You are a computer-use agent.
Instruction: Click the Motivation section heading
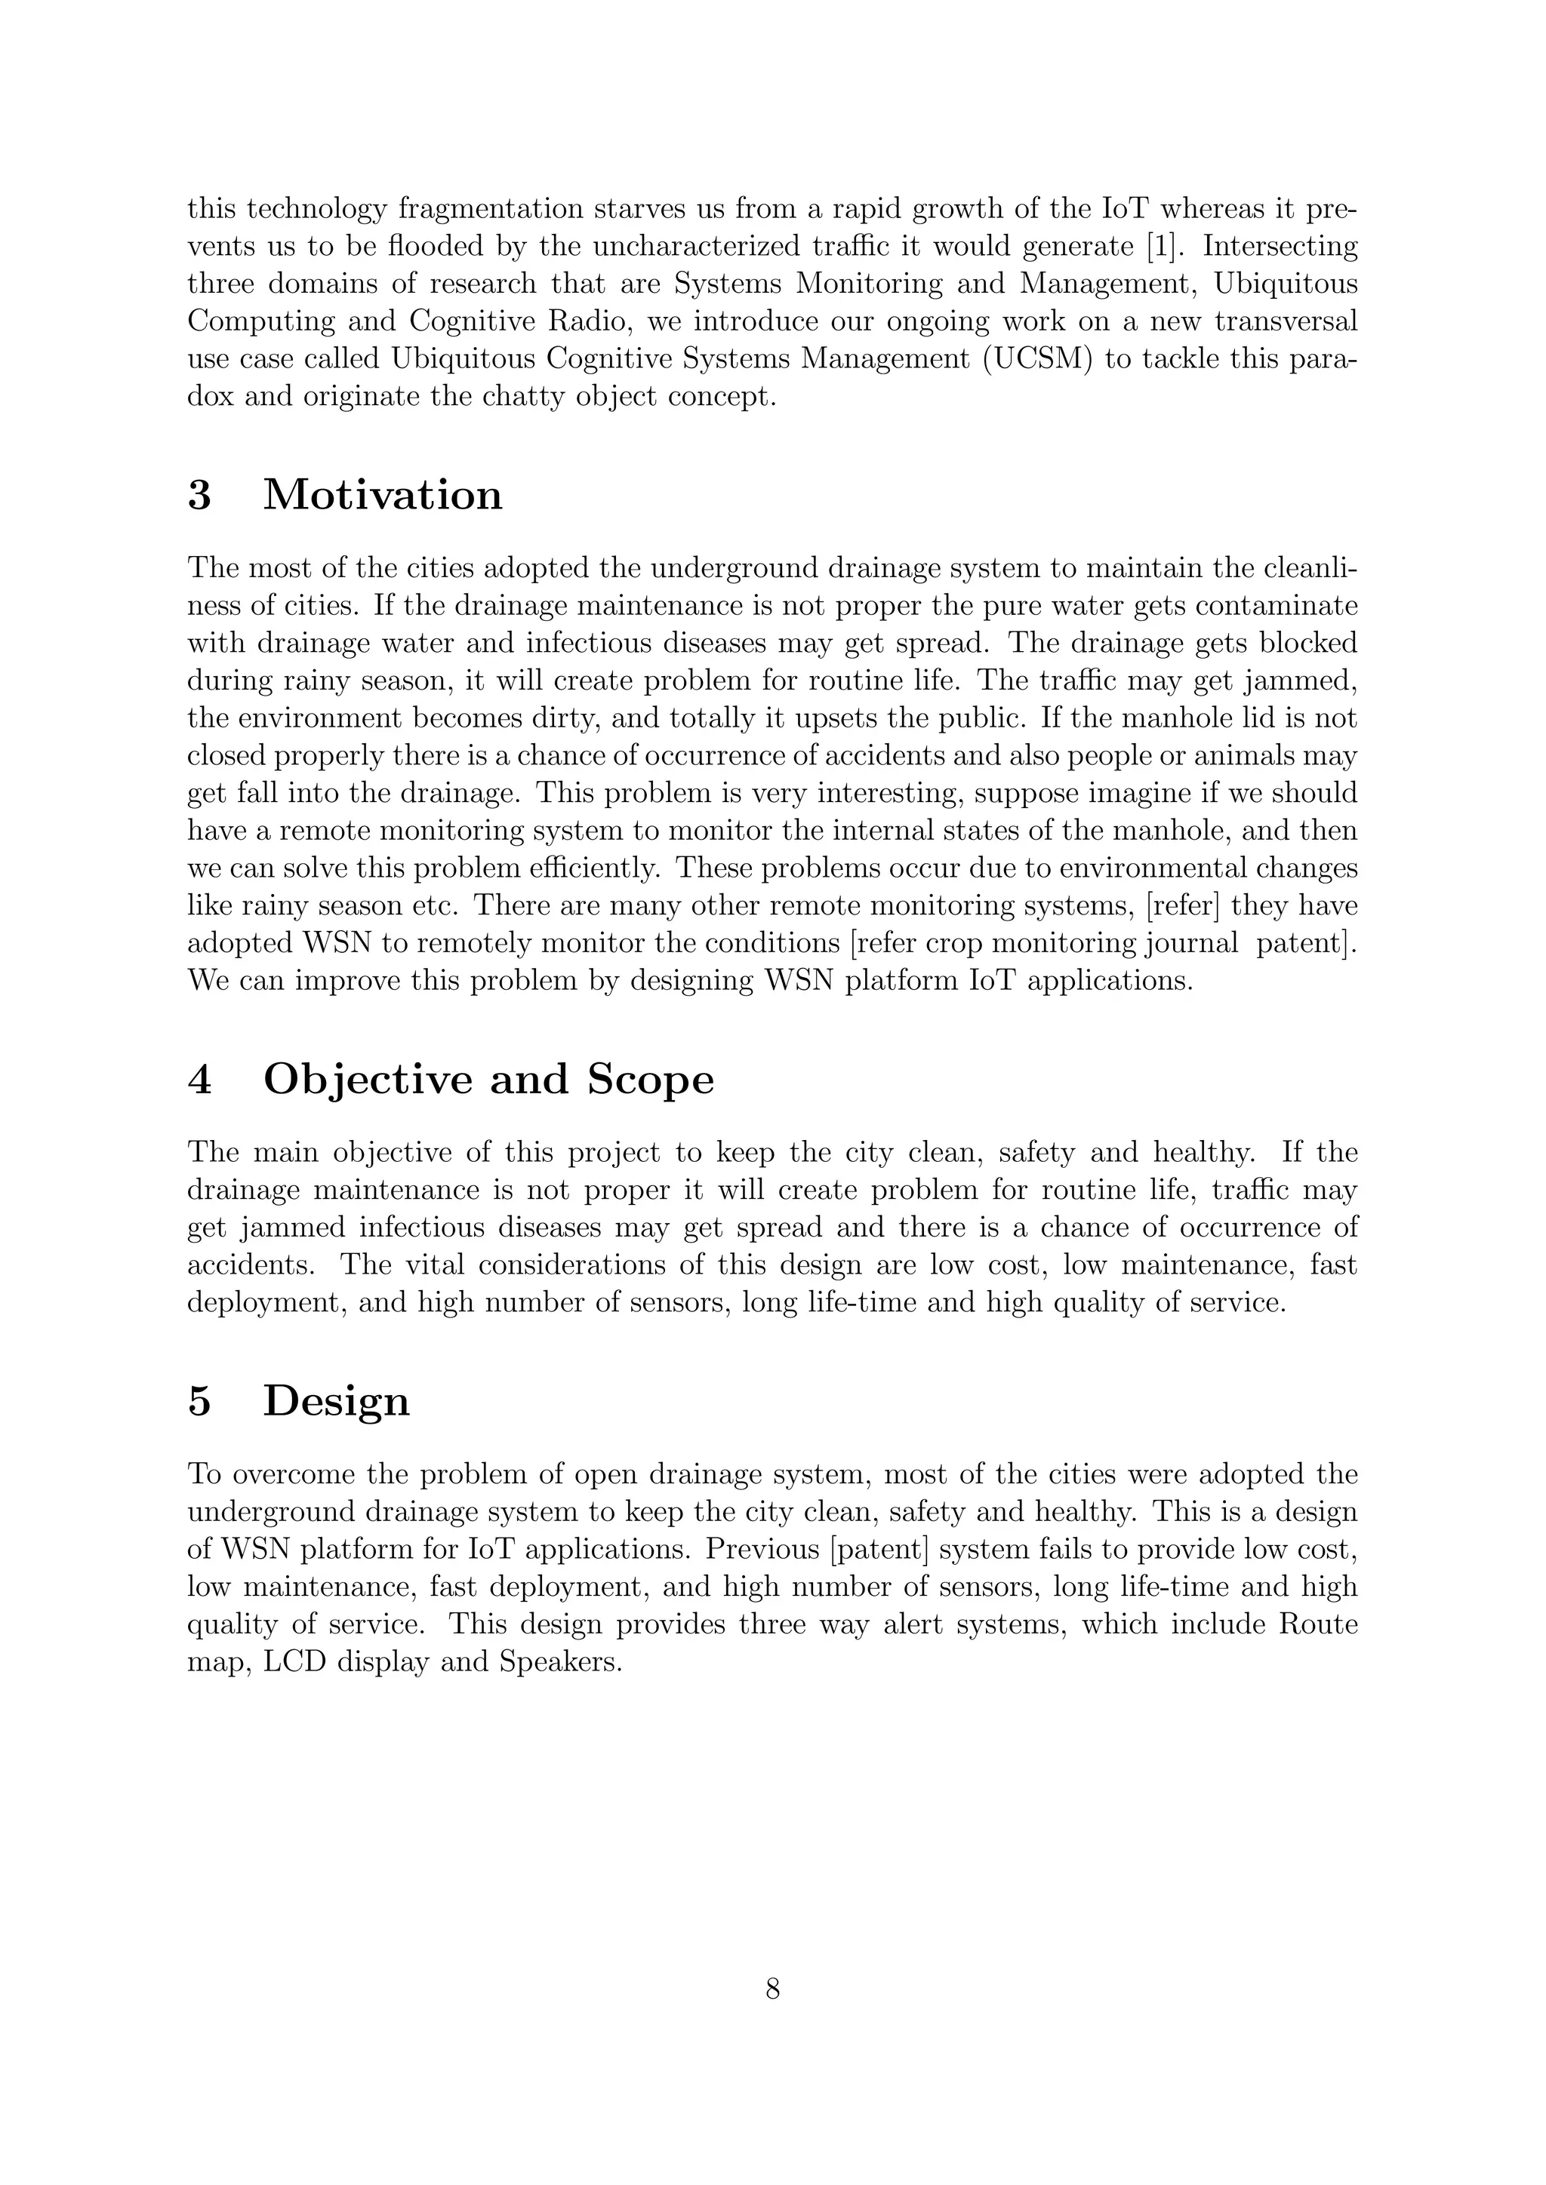pos(382,496)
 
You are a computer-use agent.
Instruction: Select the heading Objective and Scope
pos(488,1080)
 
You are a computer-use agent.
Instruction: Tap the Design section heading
pos(336,1402)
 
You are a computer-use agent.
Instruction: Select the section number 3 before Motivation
pos(199,496)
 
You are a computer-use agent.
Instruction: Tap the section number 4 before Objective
pos(199,1080)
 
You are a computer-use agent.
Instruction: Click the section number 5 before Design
pos(199,1402)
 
